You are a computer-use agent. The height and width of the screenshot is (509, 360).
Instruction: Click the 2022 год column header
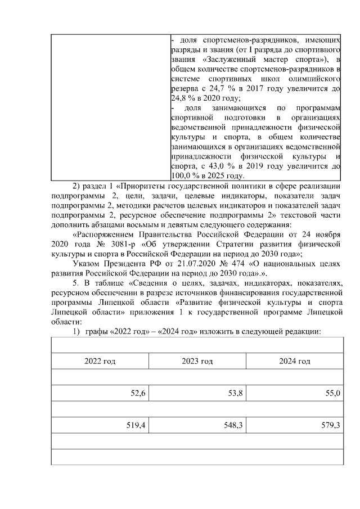point(100,361)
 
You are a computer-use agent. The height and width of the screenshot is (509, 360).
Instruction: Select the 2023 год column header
point(197,361)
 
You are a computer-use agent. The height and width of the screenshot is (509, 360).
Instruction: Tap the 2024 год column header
point(295,361)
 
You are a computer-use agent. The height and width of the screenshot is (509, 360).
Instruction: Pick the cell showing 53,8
point(235,394)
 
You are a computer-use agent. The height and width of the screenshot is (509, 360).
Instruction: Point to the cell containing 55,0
point(332,394)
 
